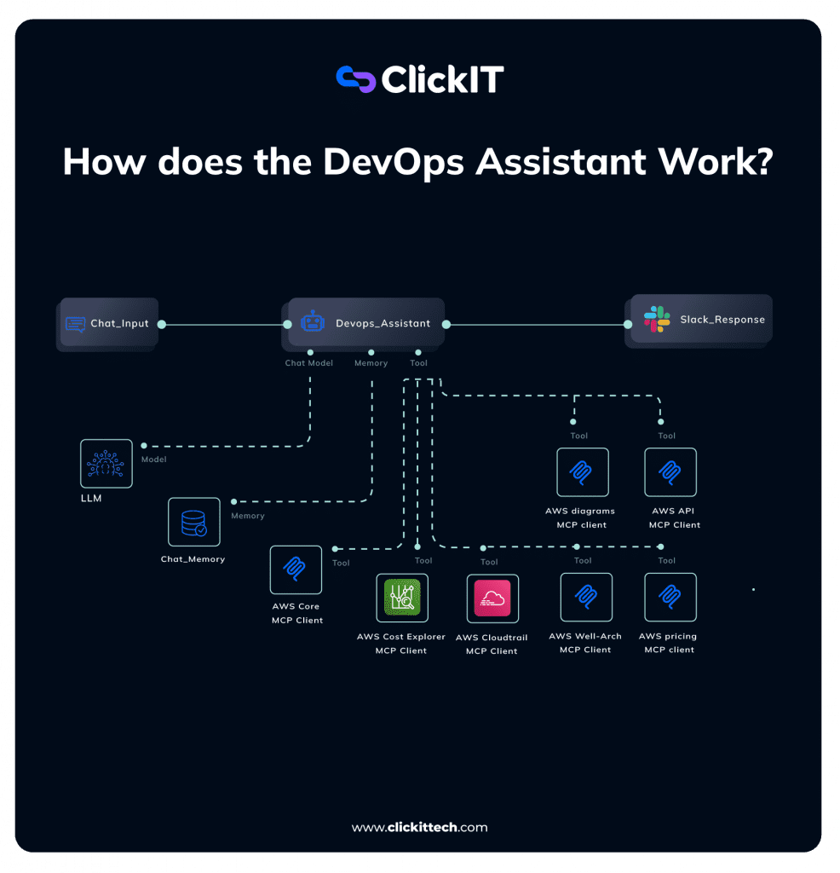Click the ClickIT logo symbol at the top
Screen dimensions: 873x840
tap(356, 78)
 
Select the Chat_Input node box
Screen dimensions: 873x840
tap(109, 323)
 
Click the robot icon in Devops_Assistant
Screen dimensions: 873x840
tap(313, 323)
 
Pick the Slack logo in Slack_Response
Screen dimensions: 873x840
tap(657, 320)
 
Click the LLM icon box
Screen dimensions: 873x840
tap(106, 464)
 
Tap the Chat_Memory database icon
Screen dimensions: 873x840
tap(193, 522)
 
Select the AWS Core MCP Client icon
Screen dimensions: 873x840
tap(296, 569)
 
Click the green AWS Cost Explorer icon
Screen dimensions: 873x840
tap(402, 598)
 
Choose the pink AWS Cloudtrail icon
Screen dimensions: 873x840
tap(492, 598)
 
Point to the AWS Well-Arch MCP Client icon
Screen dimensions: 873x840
tap(585, 597)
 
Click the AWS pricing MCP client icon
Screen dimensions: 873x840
tap(670, 597)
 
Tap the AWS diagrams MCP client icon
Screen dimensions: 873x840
tap(582, 472)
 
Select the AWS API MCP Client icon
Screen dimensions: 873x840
tap(670, 472)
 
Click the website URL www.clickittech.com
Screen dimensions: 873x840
tap(419, 827)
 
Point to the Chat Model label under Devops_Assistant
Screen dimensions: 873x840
tap(308, 363)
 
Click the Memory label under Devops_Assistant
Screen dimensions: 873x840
tap(371, 363)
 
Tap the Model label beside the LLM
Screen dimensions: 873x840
tap(153, 460)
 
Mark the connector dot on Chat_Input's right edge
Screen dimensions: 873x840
tap(161, 324)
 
